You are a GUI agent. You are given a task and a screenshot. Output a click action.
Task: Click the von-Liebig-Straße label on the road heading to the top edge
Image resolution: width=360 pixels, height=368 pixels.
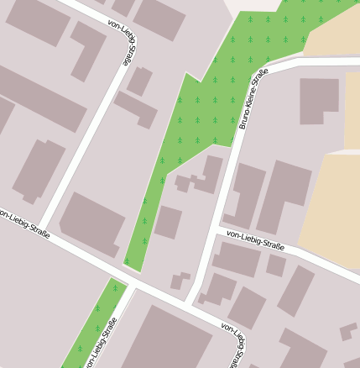[x=123, y=43]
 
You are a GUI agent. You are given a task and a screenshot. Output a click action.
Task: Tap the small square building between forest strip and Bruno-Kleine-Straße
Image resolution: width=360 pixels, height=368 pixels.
[x=168, y=222]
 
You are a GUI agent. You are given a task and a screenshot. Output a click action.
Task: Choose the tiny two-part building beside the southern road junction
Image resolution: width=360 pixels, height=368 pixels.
[x=180, y=281]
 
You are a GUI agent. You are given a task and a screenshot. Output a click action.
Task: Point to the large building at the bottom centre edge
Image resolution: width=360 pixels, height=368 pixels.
[x=168, y=340]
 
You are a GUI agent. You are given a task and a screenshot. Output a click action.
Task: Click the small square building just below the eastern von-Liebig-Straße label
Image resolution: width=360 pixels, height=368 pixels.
[x=276, y=265]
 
